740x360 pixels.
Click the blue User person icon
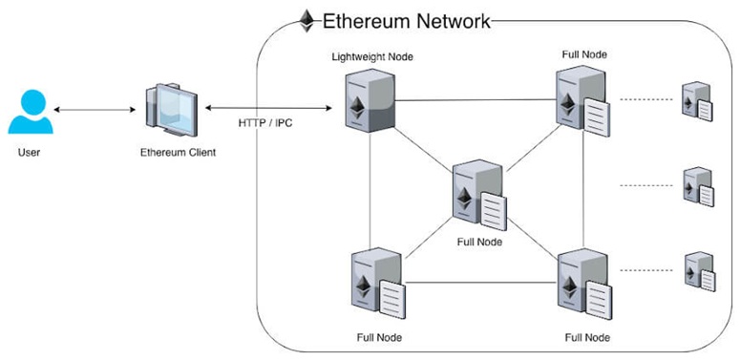pos(31,112)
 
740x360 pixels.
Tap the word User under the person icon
pos(29,153)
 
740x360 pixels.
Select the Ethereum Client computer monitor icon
pos(172,110)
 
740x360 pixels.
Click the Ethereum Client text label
pos(178,153)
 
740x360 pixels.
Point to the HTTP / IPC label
pos(265,123)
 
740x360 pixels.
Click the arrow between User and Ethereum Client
pos(95,110)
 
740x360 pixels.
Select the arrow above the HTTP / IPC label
pos(268,108)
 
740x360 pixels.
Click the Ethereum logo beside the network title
pos(307,21)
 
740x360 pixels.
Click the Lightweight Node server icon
pos(370,100)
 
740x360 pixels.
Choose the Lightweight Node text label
pos(372,57)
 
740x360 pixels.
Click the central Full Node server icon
pos(479,195)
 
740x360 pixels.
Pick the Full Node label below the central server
pos(479,242)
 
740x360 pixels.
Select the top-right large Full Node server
pos(582,101)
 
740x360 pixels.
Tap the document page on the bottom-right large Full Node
pos(599,300)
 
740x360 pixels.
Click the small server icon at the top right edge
pos(697,101)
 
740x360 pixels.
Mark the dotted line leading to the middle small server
pos(645,185)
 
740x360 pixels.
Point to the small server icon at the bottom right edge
pos(700,272)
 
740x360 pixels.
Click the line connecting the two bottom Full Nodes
pos(481,283)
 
